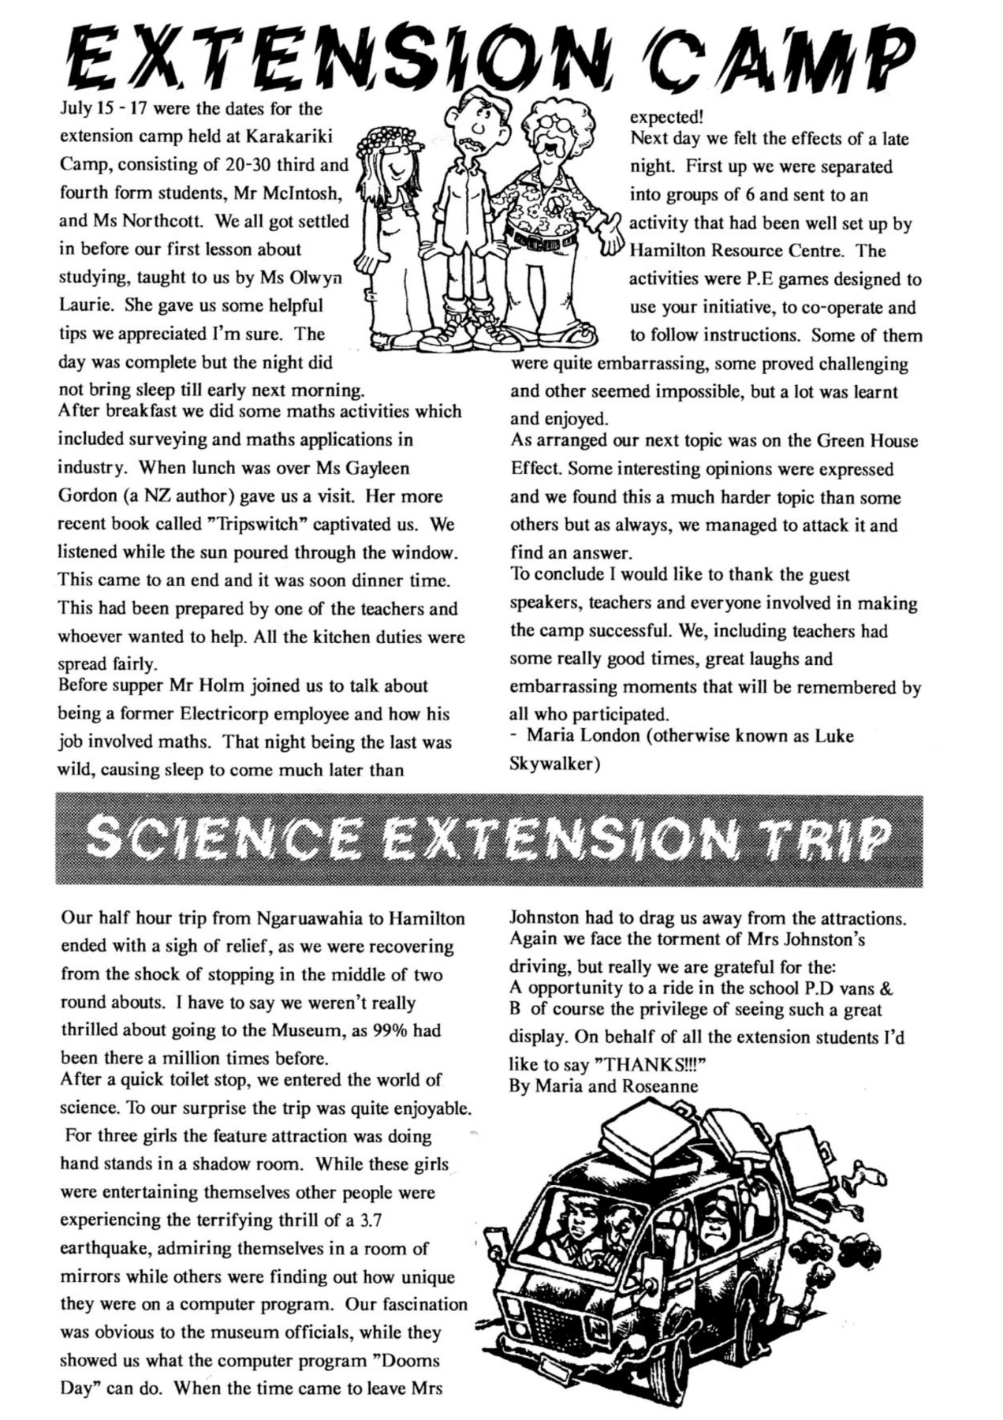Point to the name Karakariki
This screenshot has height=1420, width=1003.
(289, 136)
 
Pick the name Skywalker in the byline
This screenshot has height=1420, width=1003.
(551, 764)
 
